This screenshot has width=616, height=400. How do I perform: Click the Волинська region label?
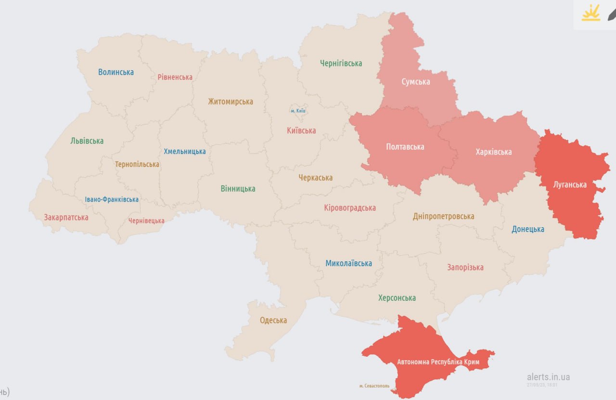coord(116,72)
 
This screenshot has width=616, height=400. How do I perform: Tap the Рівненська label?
coord(175,77)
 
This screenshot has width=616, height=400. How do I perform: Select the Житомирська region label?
coord(231,102)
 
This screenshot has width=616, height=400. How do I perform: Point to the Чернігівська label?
coord(341,63)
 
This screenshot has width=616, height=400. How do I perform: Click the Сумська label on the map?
coord(416,82)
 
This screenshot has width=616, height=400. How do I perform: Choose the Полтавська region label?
coord(405,146)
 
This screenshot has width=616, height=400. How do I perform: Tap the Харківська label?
coord(493,152)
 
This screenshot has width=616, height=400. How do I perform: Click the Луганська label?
coord(570,184)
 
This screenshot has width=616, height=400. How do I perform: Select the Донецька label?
coord(528,229)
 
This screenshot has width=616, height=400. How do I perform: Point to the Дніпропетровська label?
coord(443,217)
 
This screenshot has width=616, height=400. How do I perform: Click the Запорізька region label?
coord(465,267)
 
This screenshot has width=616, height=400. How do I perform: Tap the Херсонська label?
coord(397,298)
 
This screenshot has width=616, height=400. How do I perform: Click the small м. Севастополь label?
coord(374,386)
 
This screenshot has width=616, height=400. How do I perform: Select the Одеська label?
coord(273,320)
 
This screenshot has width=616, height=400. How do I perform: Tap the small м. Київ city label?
coord(298,111)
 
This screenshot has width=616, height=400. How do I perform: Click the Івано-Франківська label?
coord(112,199)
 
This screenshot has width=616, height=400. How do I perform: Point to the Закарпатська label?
coord(66,217)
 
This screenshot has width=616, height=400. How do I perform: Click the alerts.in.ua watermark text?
coord(548,377)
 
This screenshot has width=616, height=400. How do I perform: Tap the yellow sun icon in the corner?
coord(590,13)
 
